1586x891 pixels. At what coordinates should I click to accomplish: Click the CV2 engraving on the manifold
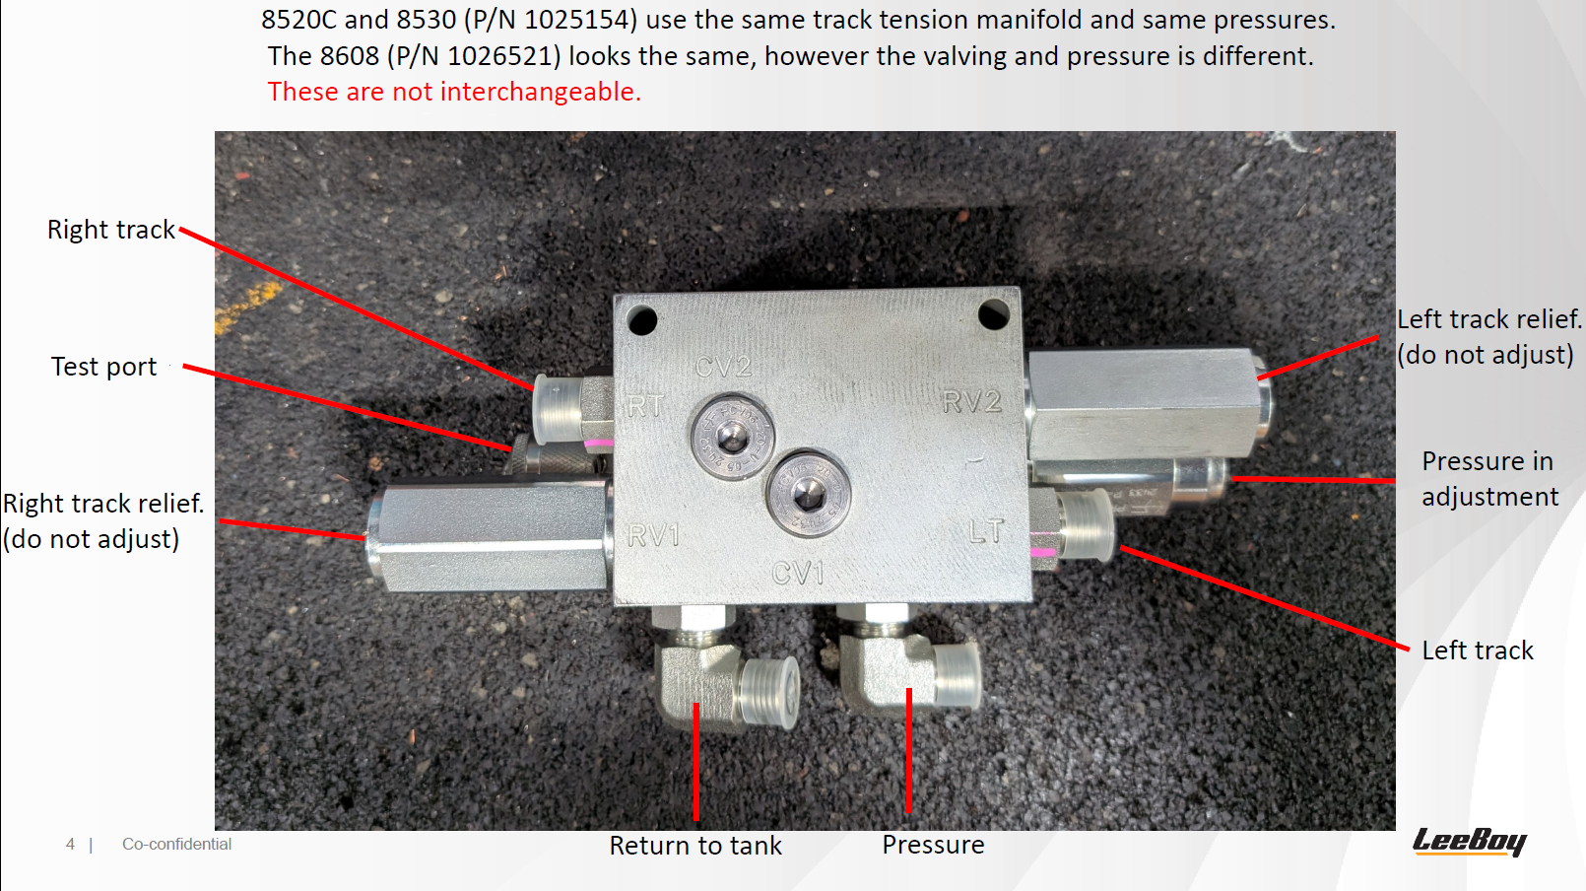[x=723, y=367]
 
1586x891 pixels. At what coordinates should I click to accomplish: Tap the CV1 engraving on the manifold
[x=798, y=573]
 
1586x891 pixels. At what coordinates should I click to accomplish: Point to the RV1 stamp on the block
[x=653, y=535]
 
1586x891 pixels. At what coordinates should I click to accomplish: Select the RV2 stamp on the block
[x=972, y=401]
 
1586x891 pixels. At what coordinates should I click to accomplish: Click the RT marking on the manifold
[x=646, y=406]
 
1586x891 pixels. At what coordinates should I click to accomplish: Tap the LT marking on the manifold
[x=986, y=530]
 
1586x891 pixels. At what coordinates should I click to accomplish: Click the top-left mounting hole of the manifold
[x=642, y=320]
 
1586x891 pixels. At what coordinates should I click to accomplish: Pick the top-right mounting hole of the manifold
[x=994, y=314]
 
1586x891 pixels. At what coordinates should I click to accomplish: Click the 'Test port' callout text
[x=104, y=367]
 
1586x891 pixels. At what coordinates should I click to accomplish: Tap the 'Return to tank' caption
[x=695, y=845]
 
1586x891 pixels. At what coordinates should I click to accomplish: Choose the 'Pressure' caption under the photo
[x=933, y=845]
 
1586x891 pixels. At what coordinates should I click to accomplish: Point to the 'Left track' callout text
[x=1478, y=651]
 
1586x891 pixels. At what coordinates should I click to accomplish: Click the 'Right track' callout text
[x=111, y=230]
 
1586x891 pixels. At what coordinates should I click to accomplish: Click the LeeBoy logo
[x=1470, y=842]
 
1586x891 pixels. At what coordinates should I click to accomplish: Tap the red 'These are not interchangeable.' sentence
[x=454, y=92]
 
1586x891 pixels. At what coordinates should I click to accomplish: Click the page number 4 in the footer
[x=70, y=845]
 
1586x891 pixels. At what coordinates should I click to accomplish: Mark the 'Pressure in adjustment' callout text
[x=1490, y=479]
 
